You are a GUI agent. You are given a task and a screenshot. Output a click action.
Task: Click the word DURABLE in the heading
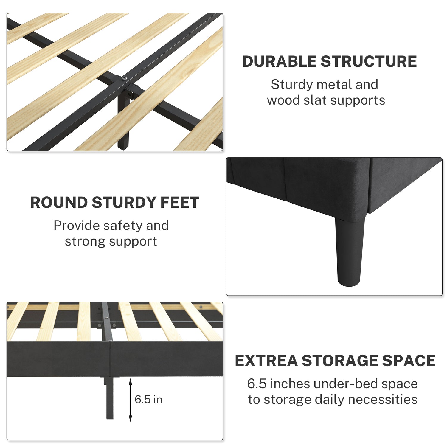pyautogui.click(x=280, y=61)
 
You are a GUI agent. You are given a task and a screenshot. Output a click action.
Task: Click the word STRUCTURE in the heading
pyautogui.click(x=369, y=61)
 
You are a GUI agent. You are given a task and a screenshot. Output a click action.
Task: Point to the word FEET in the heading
pyautogui.click(x=180, y=203)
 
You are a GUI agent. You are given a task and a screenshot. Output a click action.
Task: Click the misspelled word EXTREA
pyautogui.click(x=266, y=361)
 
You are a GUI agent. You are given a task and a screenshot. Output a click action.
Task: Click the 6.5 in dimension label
pyautogui.click(x=148, y=399)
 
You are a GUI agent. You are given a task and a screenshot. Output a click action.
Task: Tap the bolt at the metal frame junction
pyautogui.click(x=124, y=78)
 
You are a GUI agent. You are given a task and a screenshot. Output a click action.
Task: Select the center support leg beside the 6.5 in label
pyautogui.click(x=109, y=398)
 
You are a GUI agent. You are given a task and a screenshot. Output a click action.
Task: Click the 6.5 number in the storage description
pyautogui.click(x=257, y=384)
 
